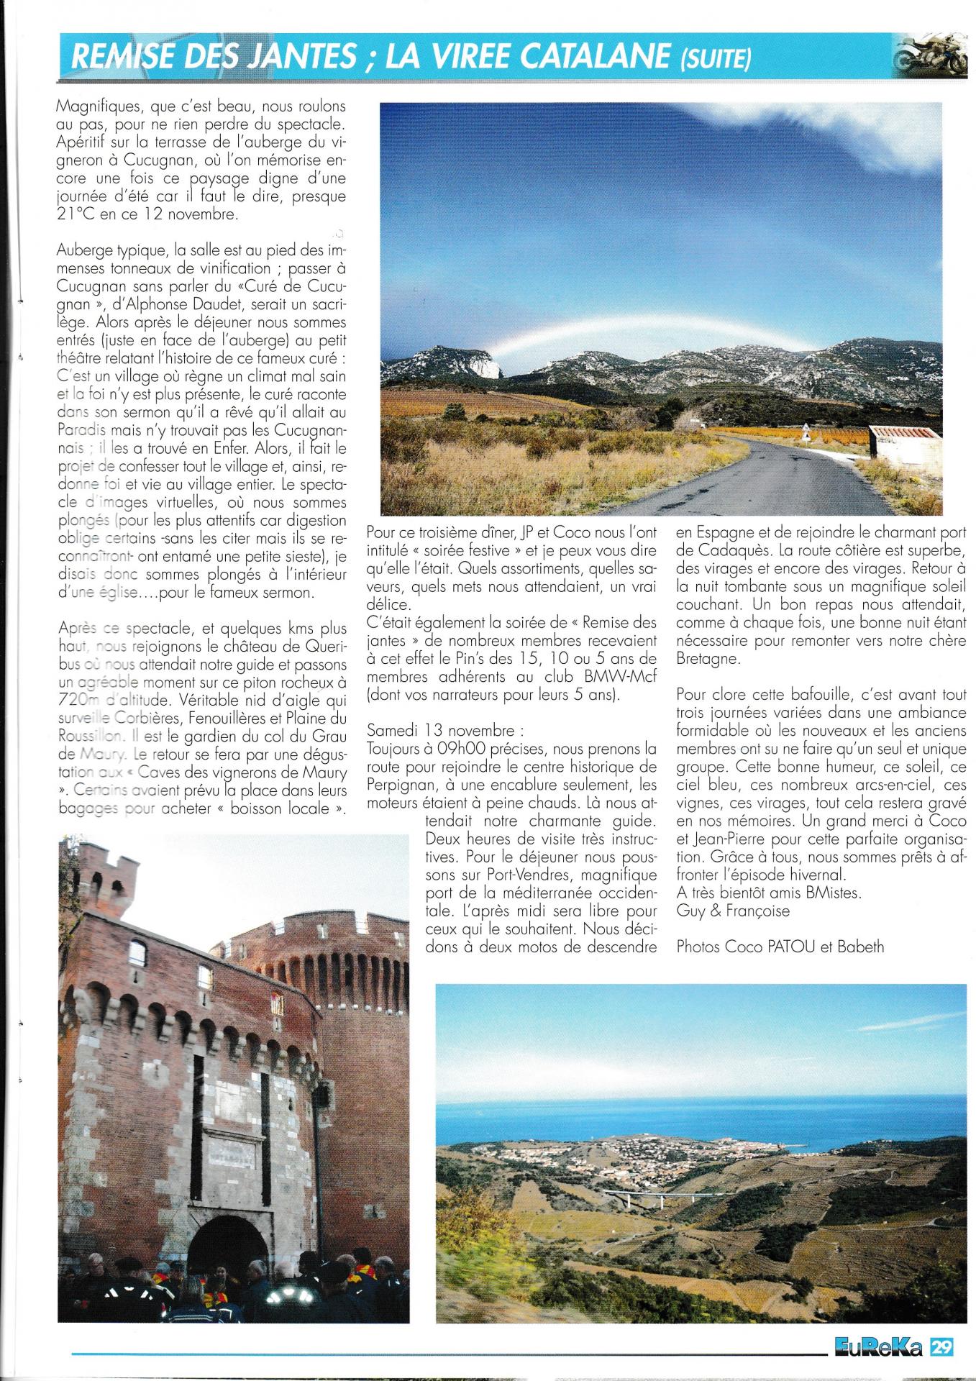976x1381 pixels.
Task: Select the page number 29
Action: click(x=942, y=1345)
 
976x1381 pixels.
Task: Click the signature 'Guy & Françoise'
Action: click(x=732, y=911)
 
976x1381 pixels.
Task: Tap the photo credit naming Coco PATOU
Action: click(x=780, y=947)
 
